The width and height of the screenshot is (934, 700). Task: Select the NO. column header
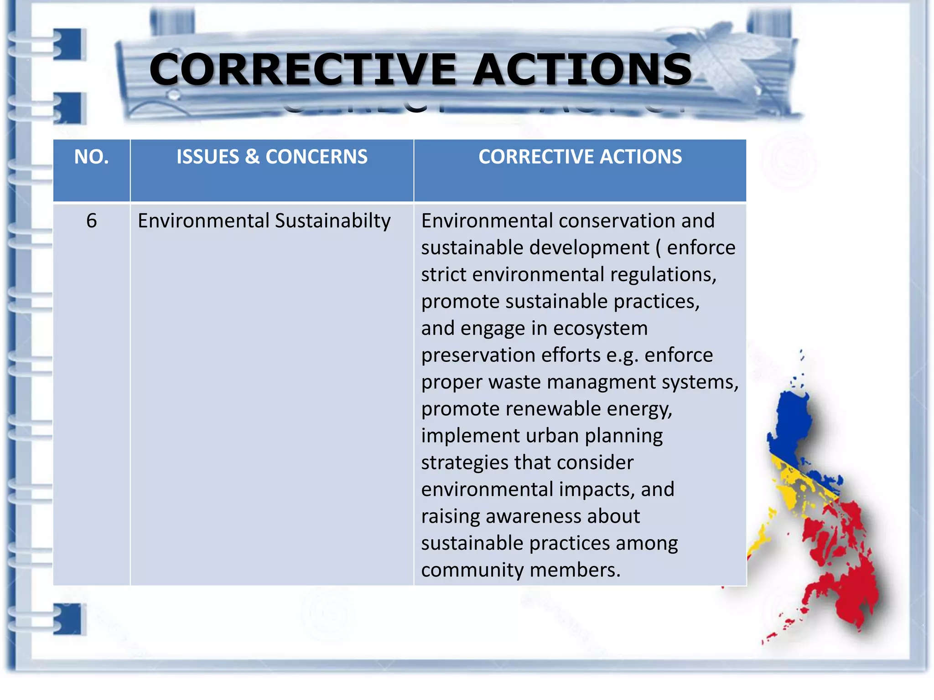91,157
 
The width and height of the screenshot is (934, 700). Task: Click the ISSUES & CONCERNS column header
272,157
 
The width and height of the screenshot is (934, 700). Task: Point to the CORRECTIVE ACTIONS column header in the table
580,157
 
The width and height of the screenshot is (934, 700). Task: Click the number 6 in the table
91,221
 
